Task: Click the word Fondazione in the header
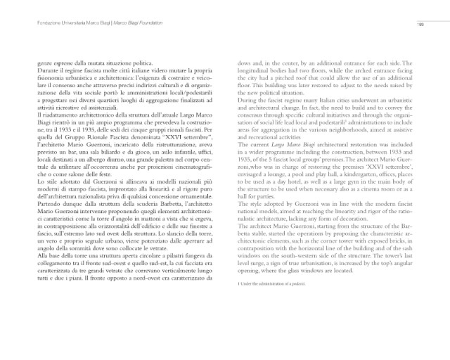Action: pos(30,25)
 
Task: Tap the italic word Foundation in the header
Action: pos(144,25)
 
